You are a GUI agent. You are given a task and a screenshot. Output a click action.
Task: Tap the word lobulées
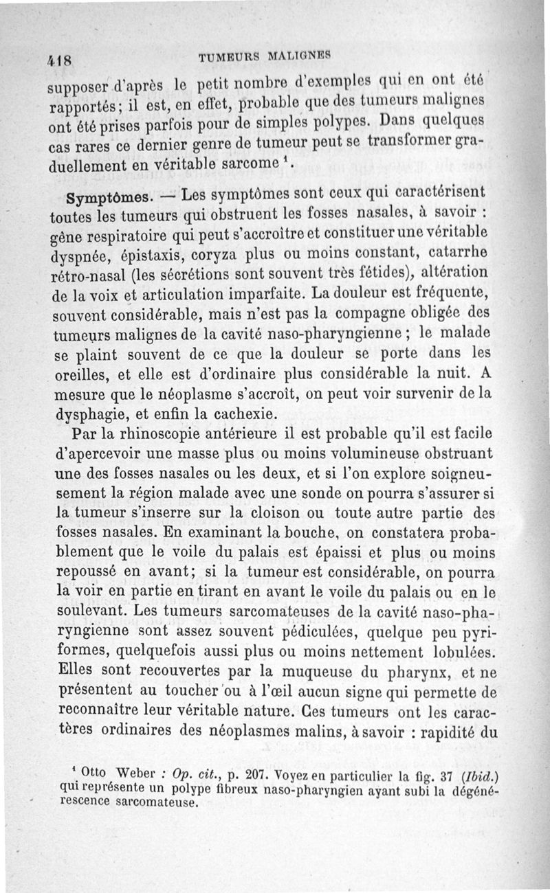456,649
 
